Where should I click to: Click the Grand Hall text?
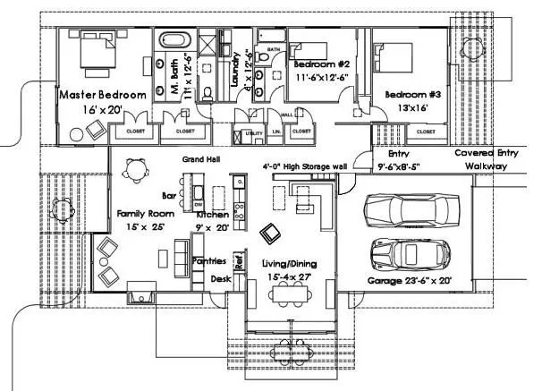pos(201,160)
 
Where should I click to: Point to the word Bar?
pos(167,194)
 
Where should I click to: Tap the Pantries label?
pos(208,261)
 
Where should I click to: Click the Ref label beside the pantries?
pos(239,262)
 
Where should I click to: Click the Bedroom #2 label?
pos(319,64)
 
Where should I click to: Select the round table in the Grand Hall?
pos(136,168)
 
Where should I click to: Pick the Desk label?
pos(221,279)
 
